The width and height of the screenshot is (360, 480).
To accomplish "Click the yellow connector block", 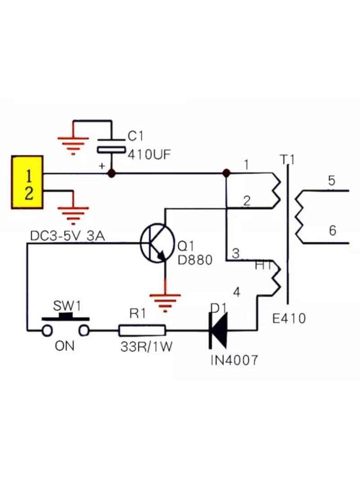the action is tap(27, 182).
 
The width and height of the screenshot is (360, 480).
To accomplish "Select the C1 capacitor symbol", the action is tap(111, 145).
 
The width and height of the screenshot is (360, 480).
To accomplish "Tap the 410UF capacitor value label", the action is tap(149, 154).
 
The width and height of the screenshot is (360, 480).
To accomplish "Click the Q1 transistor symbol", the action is tap(157, 243).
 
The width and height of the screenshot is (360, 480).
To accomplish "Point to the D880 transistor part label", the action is tap(195, 260).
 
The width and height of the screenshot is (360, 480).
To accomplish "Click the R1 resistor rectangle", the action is tap(142, 331).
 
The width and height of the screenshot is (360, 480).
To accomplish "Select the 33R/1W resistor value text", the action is tap(147, 347).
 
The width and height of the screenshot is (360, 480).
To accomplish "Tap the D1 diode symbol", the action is tap(218, 331).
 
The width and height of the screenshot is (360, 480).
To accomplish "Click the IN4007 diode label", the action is tap(234, 360).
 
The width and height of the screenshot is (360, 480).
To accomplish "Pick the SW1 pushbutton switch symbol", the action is tap(66, 325).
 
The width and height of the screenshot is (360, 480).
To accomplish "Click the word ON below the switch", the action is tap(64, 346).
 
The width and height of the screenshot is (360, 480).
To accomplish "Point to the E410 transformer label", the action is tap(289, 319).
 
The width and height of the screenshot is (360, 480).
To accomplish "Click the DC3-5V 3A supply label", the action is tap(67, 236).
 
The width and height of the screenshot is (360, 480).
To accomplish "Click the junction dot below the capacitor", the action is tap(112, 173).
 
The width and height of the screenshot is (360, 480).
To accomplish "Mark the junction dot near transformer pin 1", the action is tap(226, 173).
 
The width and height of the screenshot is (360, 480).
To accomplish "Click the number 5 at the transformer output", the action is tap(332, 181).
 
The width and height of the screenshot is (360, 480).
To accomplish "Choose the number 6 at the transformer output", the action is tap(333, 230).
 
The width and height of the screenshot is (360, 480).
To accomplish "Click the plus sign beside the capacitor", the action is tap(102, 166).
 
